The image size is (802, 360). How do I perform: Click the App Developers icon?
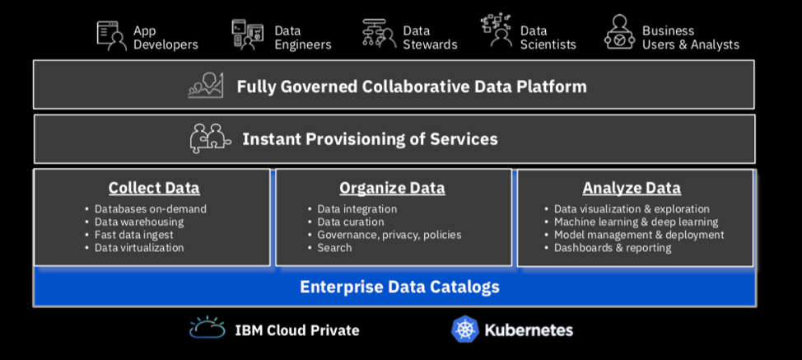111,35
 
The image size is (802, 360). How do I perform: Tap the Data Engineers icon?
247,35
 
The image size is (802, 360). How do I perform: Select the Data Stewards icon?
379,34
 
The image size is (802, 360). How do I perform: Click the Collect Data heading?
154,188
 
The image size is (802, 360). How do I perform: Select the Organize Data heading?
392,188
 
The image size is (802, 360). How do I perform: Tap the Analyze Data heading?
632,188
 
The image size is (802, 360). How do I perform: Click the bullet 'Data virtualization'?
139,247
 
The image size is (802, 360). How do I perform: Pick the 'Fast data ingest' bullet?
134,235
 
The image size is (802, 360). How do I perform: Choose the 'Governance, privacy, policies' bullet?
389,235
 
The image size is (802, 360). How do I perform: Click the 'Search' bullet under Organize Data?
334,247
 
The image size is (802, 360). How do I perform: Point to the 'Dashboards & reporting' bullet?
613,247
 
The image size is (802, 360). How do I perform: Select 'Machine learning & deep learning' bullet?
636,222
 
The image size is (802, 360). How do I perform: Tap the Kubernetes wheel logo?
465,330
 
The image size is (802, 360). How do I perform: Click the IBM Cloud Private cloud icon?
207,328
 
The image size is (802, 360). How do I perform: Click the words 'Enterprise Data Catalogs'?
399,287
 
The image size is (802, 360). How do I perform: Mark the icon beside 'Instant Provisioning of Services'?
210,138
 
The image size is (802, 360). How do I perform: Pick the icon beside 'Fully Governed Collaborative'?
206,86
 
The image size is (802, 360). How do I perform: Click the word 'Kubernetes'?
528,330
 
